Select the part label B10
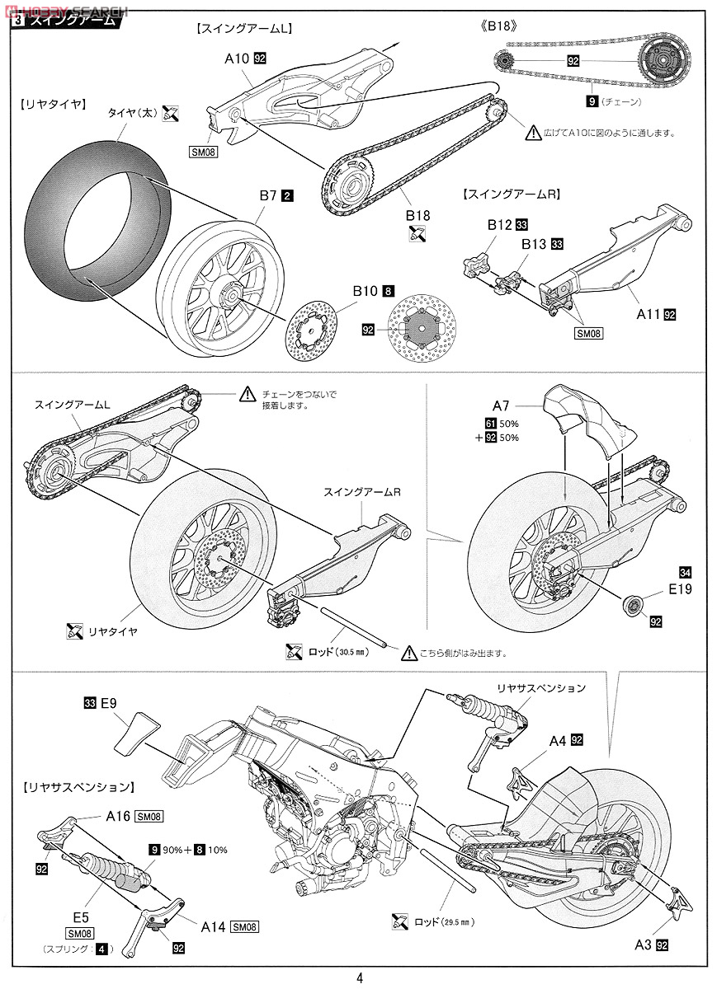365,290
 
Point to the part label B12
499,223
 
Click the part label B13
534,244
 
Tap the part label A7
502,405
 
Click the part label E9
109,703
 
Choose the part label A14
215,926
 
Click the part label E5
79,915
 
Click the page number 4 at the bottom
359,978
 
